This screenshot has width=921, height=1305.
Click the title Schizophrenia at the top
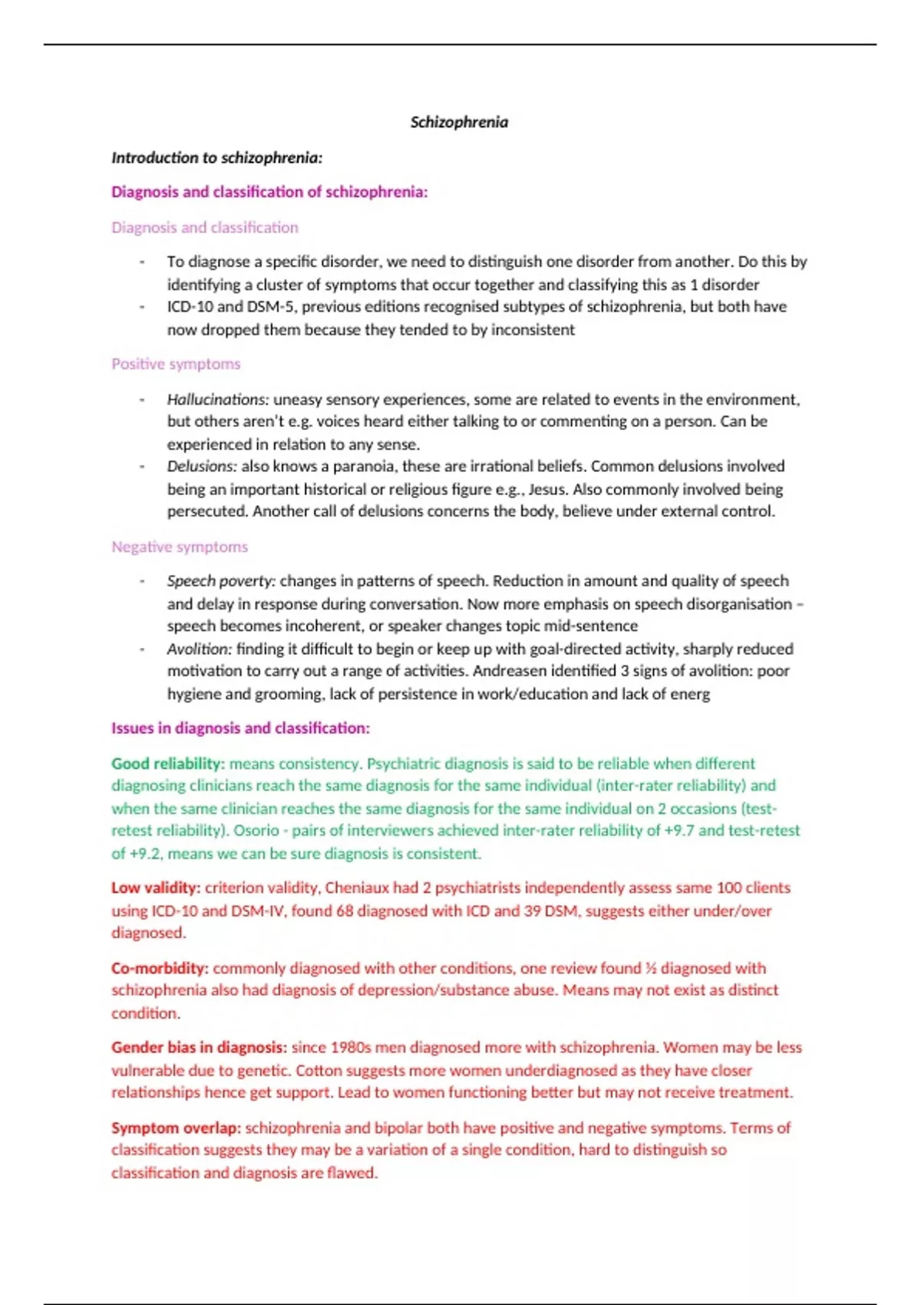[x=459, y=122]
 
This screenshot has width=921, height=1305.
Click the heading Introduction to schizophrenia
[x=216, y=157]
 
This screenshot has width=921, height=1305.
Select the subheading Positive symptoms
[x=176, y=364]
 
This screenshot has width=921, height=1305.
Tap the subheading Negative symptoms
[x=180, y=547]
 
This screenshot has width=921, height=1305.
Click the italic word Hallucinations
[x=217, y=399]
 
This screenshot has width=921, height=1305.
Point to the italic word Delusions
[x=202, y=466]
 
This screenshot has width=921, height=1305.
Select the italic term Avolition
[x=199, y=649]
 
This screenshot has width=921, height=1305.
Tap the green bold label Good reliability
[x=167, y=764]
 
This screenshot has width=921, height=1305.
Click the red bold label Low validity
[x=155, y=888]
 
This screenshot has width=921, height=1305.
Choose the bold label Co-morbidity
[x=160, y=968]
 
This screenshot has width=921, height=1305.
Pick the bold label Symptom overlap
[x=176, y=1128]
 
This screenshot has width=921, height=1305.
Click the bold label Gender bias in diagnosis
[x=199, y=1048]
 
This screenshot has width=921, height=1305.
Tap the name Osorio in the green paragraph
[x=256, y=831]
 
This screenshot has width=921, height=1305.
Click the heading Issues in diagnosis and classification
[x=240, y=728]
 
